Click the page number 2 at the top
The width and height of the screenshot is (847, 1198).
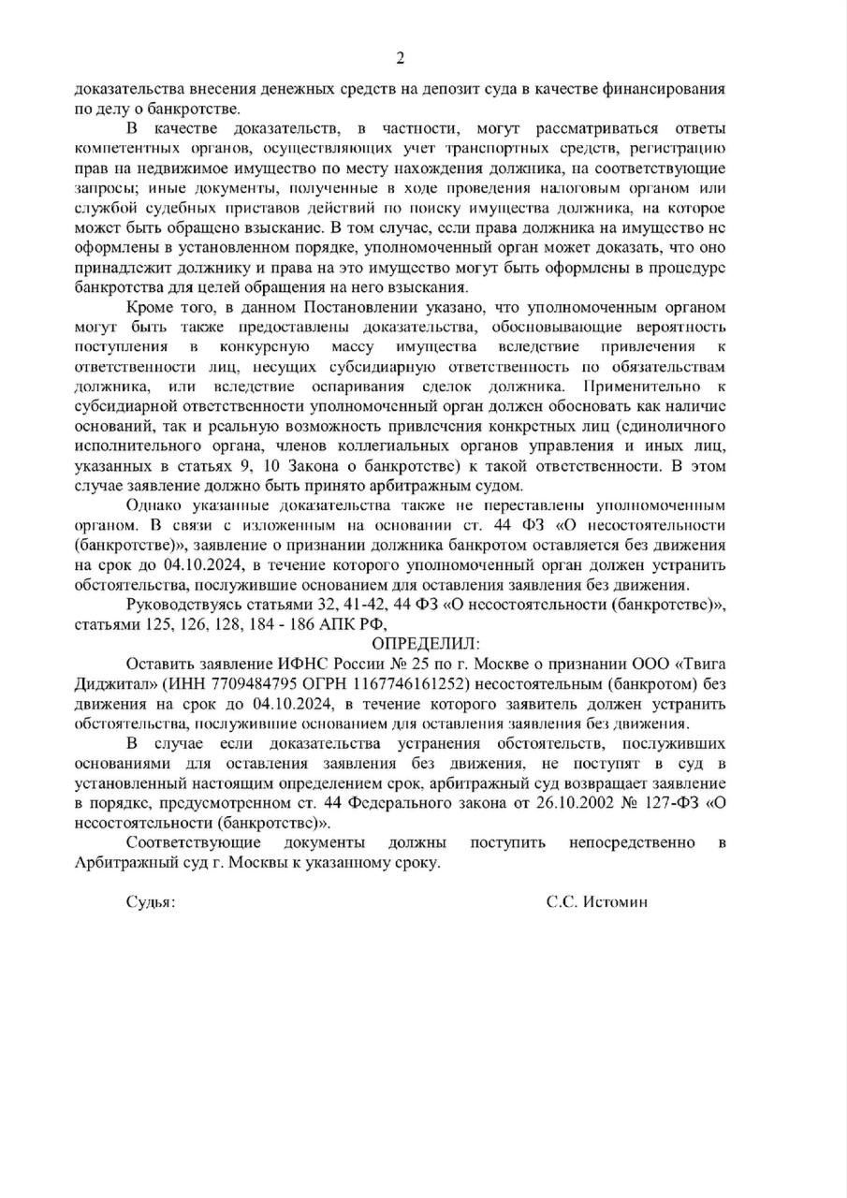[x=401, y=59]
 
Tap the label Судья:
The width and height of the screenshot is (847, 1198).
[x=151, y=902]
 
